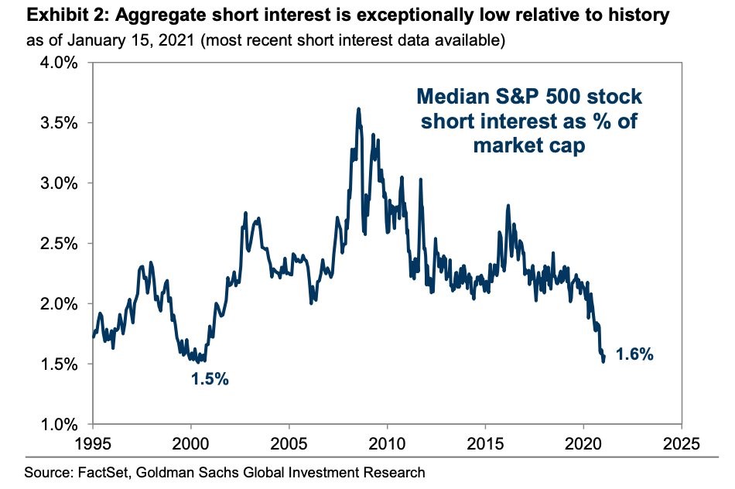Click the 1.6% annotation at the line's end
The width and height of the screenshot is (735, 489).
(634, 355)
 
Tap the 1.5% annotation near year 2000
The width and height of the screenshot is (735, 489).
(210, 380)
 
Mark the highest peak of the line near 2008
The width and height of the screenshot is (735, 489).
(358, 109)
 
